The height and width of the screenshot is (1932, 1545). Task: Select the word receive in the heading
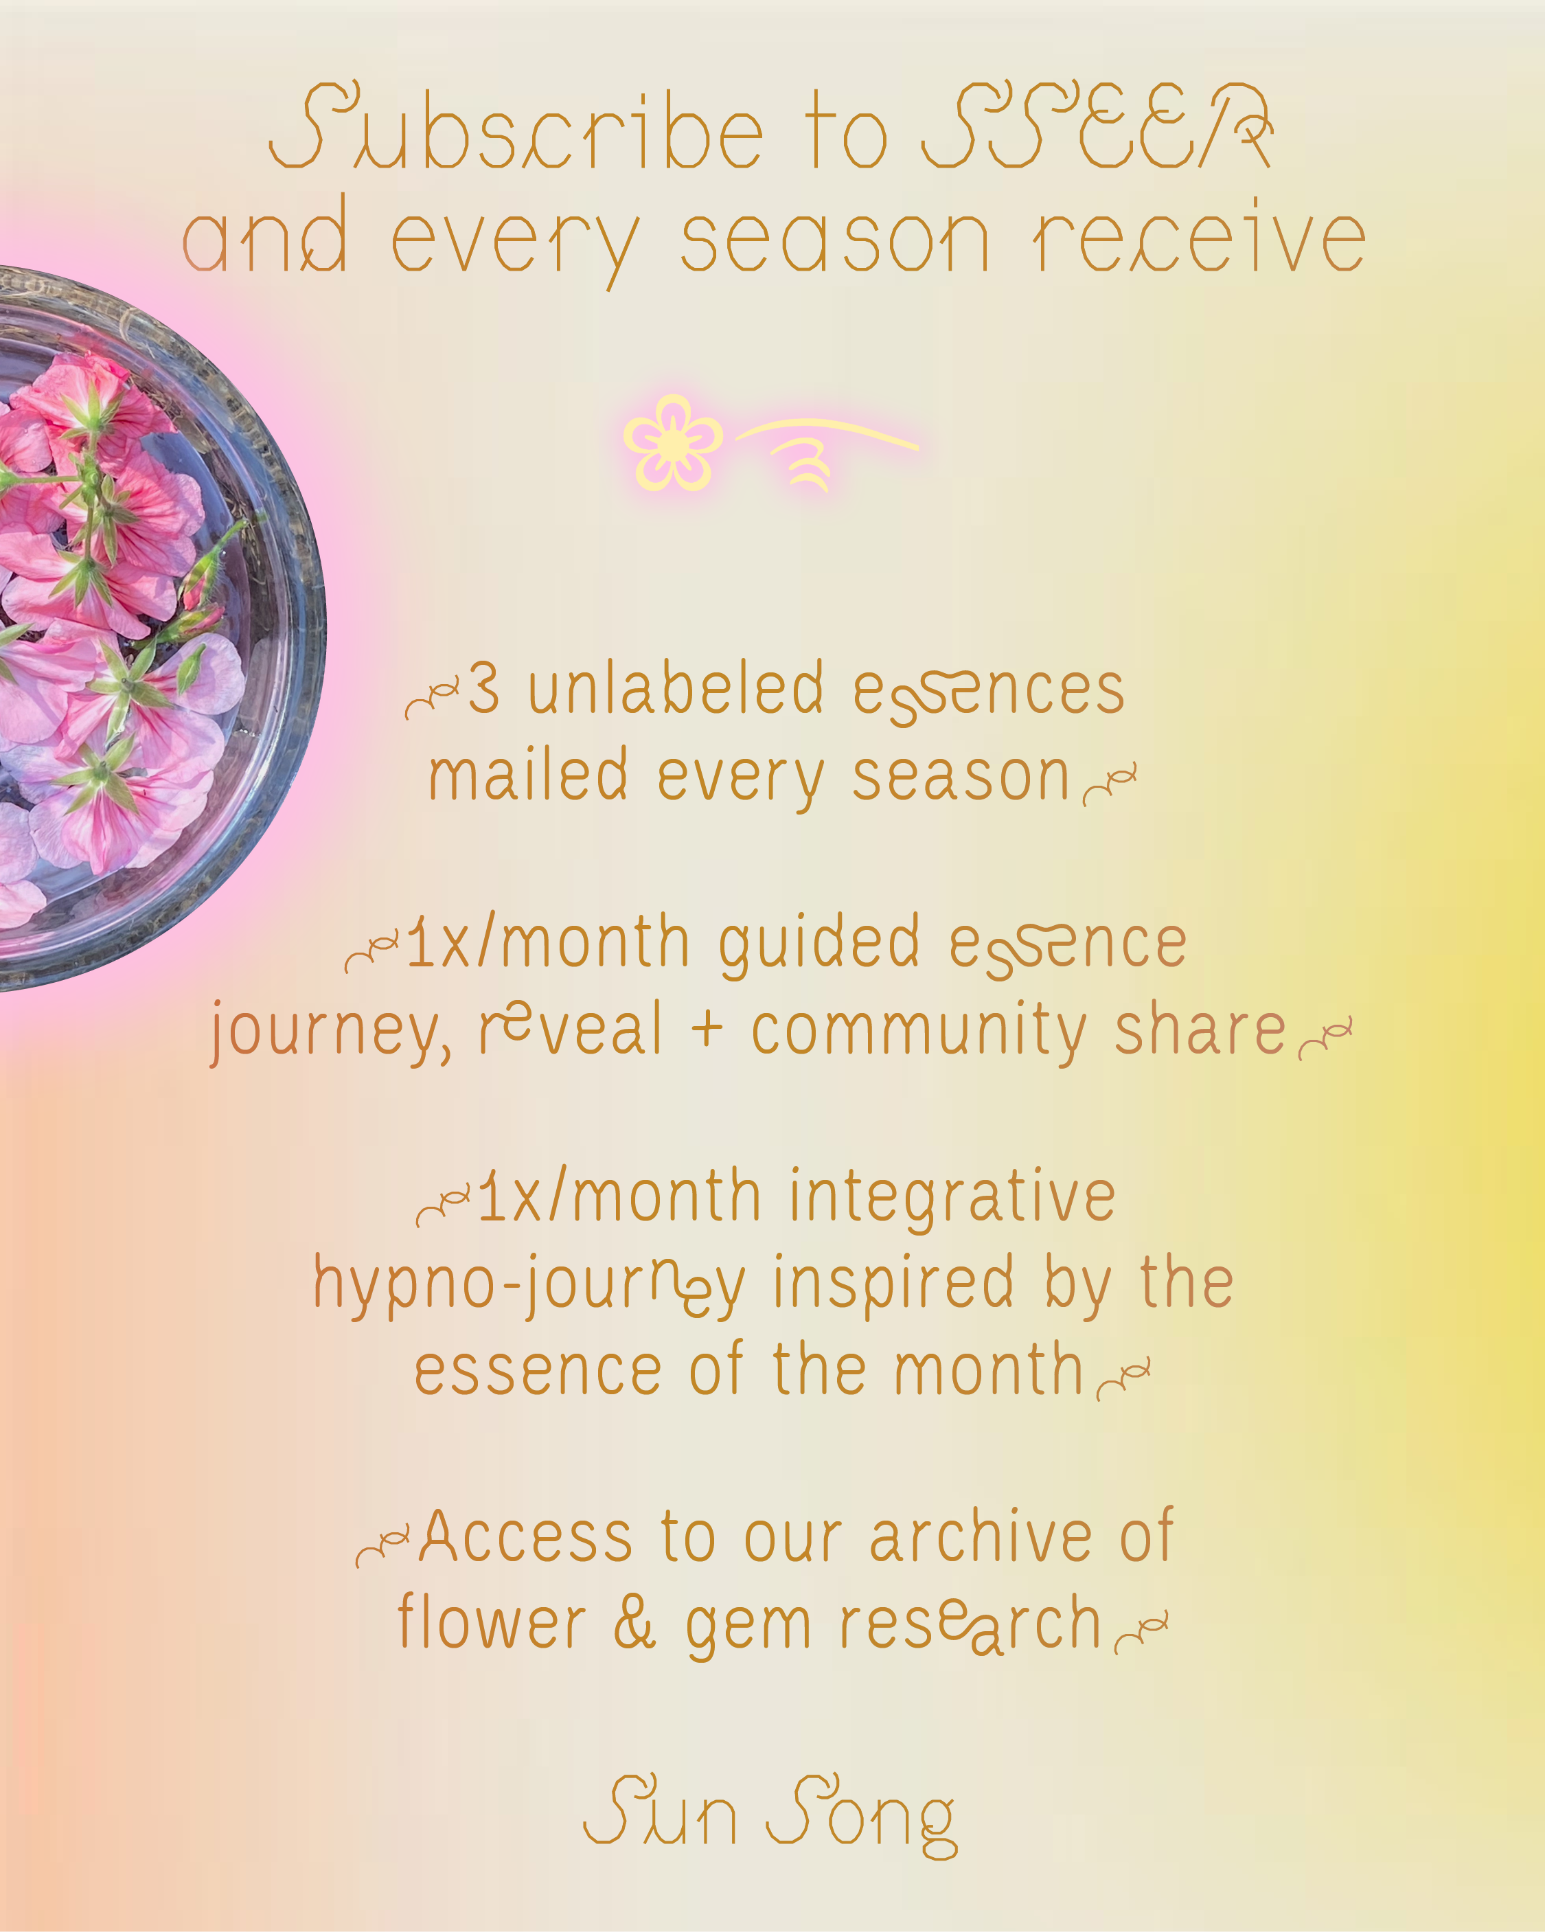coord(1199,238)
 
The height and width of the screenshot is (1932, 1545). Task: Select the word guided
coord(819,943)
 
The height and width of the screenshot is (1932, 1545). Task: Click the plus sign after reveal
coord(706,1029)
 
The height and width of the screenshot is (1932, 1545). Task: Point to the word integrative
coord(952,1197)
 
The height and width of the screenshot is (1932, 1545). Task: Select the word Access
coord(526,1538)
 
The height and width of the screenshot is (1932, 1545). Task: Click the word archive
coord(981,1538)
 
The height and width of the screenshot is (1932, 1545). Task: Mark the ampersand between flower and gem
coord(634,1623)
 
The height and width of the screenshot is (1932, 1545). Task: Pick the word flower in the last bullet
coord(491,1623)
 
